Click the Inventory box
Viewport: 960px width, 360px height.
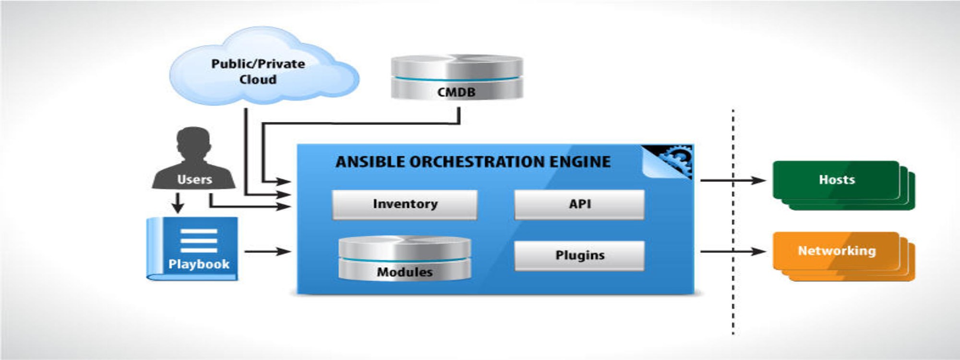click(x=405, y=204)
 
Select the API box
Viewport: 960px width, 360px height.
click(x=579, y=204)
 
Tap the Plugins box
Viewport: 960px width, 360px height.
click(x=579, y=255)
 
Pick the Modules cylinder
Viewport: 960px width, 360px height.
click(x=405, y=259)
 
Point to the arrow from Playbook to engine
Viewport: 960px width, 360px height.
click(x=267, y=251)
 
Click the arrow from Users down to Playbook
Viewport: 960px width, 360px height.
click(x=178, y=203)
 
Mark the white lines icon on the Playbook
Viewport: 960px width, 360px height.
click(x=199, y=240)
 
